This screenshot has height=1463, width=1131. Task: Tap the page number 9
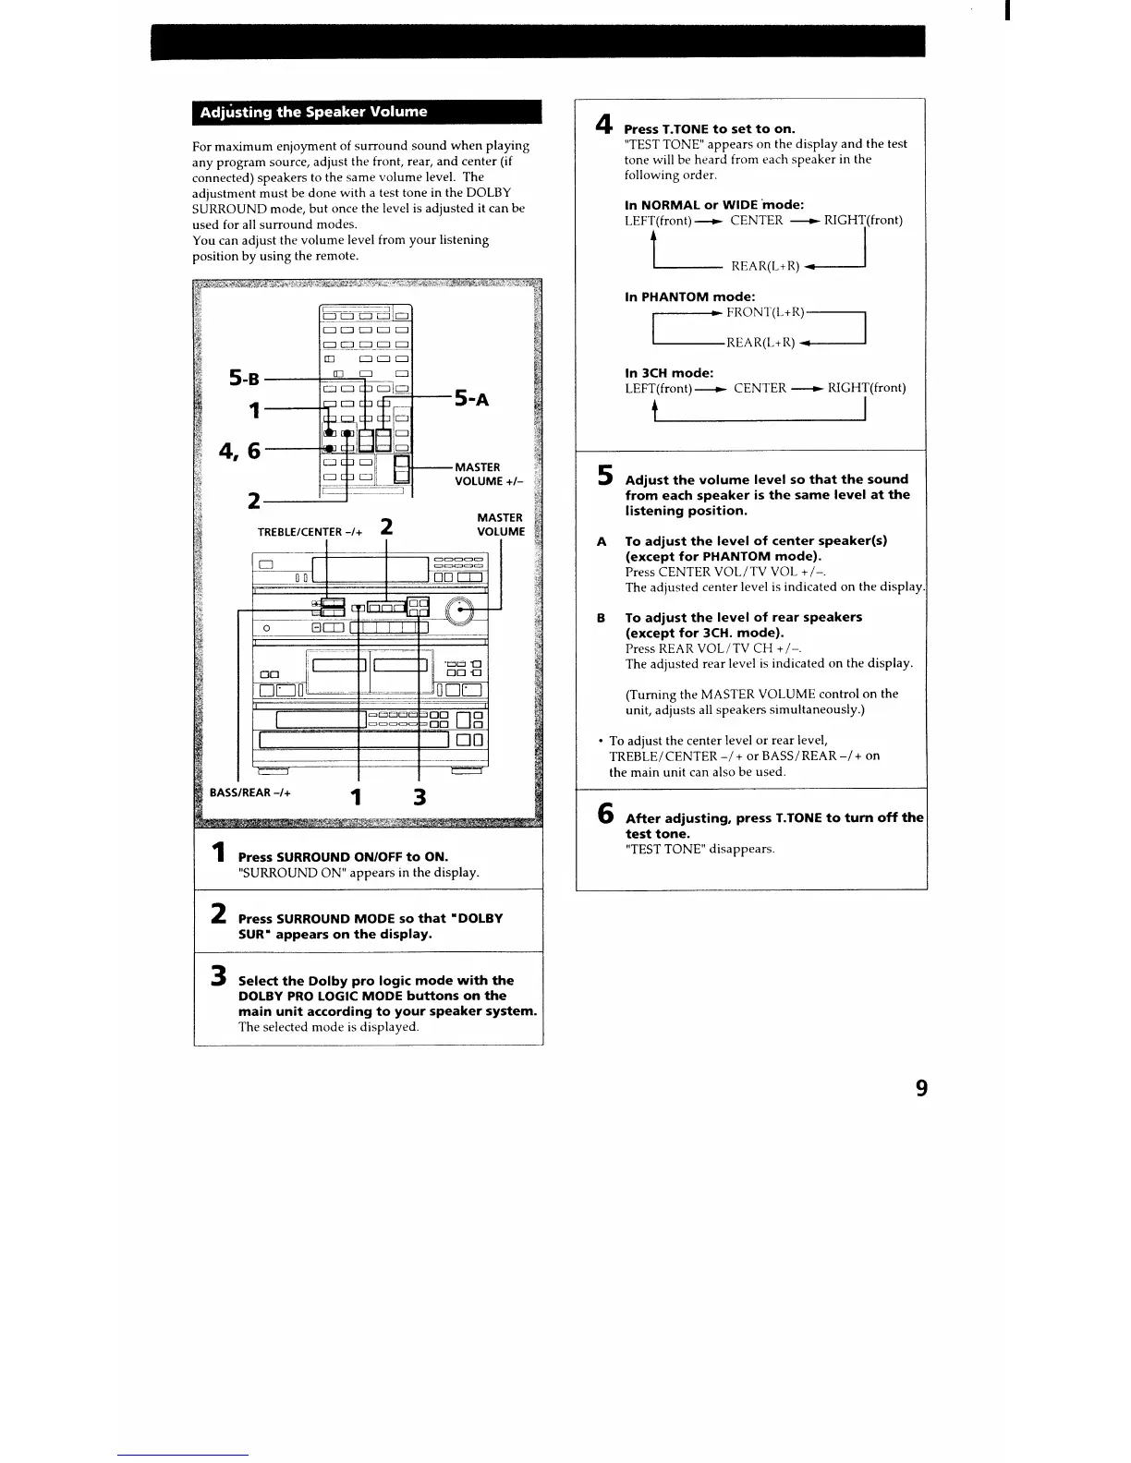pyautogui.click(x=920, y=1088)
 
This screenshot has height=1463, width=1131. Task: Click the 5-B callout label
pyautogui.click(x=244, y=378)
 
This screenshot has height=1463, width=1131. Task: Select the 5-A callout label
pyautogui.click(x=470, y=399)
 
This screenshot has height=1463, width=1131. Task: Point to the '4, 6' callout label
pyautogui.click(x=239, y=451)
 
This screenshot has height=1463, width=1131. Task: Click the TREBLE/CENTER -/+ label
pyautogui.click(x=310, y=531)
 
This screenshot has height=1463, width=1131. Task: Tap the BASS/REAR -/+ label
pyautogui.click(x=250, y=792)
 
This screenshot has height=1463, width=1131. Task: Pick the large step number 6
pyautogui.click(x=604, y=814)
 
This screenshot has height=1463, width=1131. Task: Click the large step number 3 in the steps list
pyautogui.click(x=218, y=975)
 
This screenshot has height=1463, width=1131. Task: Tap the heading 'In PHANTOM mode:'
pyautogui.click(x=689, y=296)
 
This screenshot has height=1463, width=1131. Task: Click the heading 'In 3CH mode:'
pyautogui.click(x=669, y=373)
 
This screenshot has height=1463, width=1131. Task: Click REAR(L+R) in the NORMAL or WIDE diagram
pyautogui.click(x=764, y=266)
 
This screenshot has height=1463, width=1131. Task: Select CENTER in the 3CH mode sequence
pyautogui.click(x=760, y=388)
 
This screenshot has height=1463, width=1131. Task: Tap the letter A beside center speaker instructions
pyautogui.click(x=602, y=541)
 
